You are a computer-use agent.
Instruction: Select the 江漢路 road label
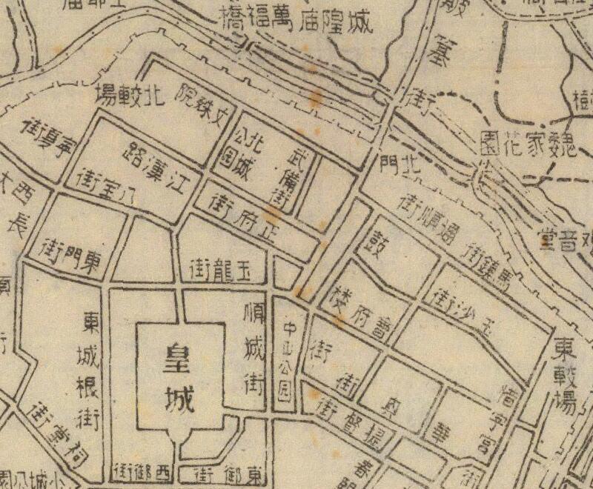pyautogui.click(x=153, y=159)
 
